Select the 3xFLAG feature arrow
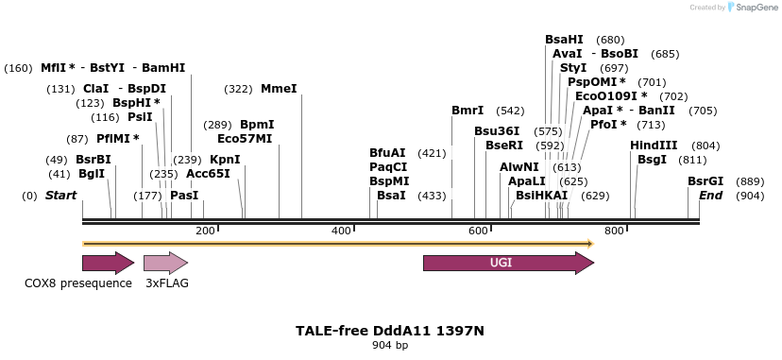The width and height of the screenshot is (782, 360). click(165, 263)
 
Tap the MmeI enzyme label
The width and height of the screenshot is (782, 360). click(279, 89)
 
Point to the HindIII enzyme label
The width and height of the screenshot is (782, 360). click(654, 146)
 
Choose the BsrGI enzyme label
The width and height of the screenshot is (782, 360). click(705, 181)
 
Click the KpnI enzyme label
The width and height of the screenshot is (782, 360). click(225, 160)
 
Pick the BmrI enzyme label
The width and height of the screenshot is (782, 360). click(467, 111)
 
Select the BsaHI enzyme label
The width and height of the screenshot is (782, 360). click(564, 40)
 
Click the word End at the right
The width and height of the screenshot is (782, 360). click(710, 196)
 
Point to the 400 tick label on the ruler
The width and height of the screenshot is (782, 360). click(342, 231)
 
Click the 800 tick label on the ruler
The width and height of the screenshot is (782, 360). click(614, 231)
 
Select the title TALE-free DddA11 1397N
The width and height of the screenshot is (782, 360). click(390, 331)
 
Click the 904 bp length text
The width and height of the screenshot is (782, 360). click(390, 345)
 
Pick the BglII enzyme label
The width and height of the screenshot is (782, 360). click(92, 174)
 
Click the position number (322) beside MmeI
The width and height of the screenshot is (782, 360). click(238, 89)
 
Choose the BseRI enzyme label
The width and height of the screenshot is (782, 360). click(503, 146)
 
